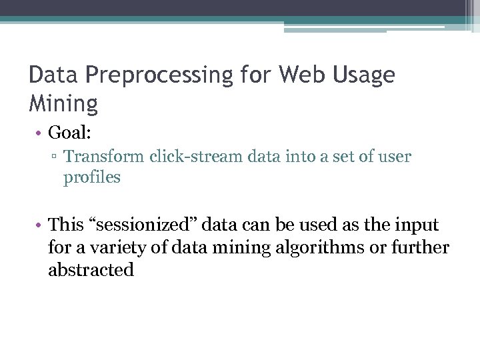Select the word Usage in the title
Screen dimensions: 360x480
pos(366,75)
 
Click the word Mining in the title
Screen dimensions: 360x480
pos(63,103)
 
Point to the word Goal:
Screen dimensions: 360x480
pos(70,133)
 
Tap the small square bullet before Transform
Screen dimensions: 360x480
pos(55,157)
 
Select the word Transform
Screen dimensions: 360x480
pos(105,157)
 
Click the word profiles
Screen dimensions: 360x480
pos(92,178)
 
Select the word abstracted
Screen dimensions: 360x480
pos(91,270)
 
